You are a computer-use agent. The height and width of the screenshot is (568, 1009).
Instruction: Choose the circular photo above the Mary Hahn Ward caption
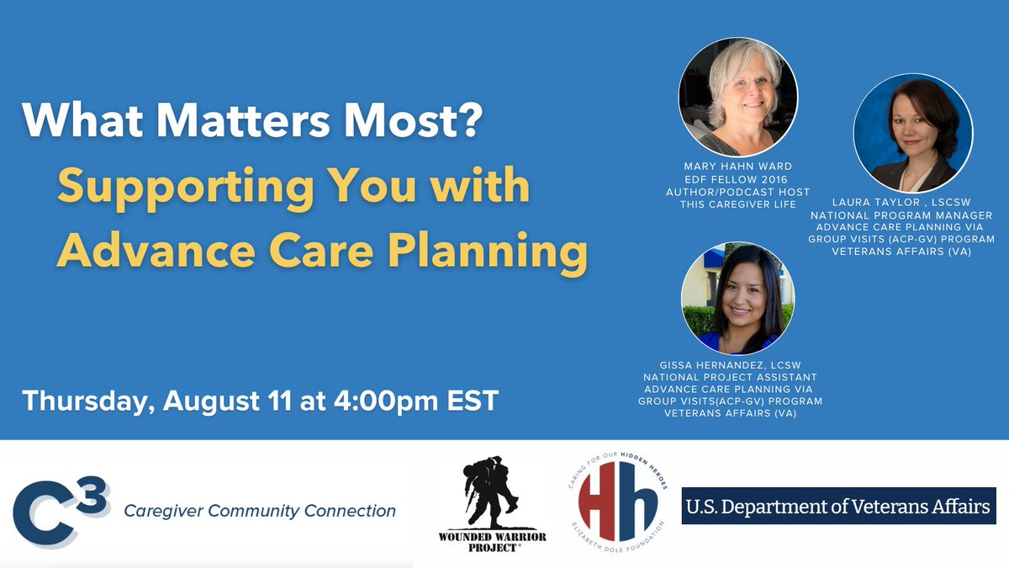pos(738,97)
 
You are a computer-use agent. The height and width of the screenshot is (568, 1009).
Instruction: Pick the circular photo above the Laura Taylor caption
pos(912,133)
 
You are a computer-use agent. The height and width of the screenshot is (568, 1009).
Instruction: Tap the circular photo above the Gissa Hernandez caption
pos(738,299)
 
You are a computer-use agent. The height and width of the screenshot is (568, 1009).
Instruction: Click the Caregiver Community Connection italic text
pos(259,511)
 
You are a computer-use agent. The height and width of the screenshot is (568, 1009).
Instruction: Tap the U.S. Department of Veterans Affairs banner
pos(838,507)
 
